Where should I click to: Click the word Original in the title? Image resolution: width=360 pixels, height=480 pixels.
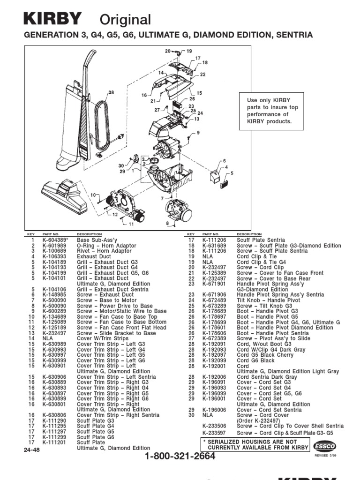point(126,20)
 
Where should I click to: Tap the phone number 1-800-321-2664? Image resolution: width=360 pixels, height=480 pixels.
point(180,457)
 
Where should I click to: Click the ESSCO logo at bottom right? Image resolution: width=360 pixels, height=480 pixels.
point(324,447)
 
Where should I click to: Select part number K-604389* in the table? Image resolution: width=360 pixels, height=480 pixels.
point(55,240)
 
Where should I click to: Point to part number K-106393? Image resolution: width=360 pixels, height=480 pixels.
point(54,256)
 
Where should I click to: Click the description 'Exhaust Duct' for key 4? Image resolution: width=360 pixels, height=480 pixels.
point(94,256)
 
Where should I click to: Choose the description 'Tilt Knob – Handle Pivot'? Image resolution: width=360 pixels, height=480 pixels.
point(269,300)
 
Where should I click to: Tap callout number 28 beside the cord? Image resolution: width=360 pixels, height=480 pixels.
point(112,93)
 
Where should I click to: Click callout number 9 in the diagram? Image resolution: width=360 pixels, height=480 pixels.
point(198,133)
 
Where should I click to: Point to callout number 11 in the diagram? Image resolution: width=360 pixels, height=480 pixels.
point(131,224)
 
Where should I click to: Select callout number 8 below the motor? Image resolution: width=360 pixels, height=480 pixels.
point(167,223)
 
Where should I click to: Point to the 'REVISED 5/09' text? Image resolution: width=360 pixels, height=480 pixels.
point(324,455)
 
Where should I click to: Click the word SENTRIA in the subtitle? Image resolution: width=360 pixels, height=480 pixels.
point(294,36)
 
